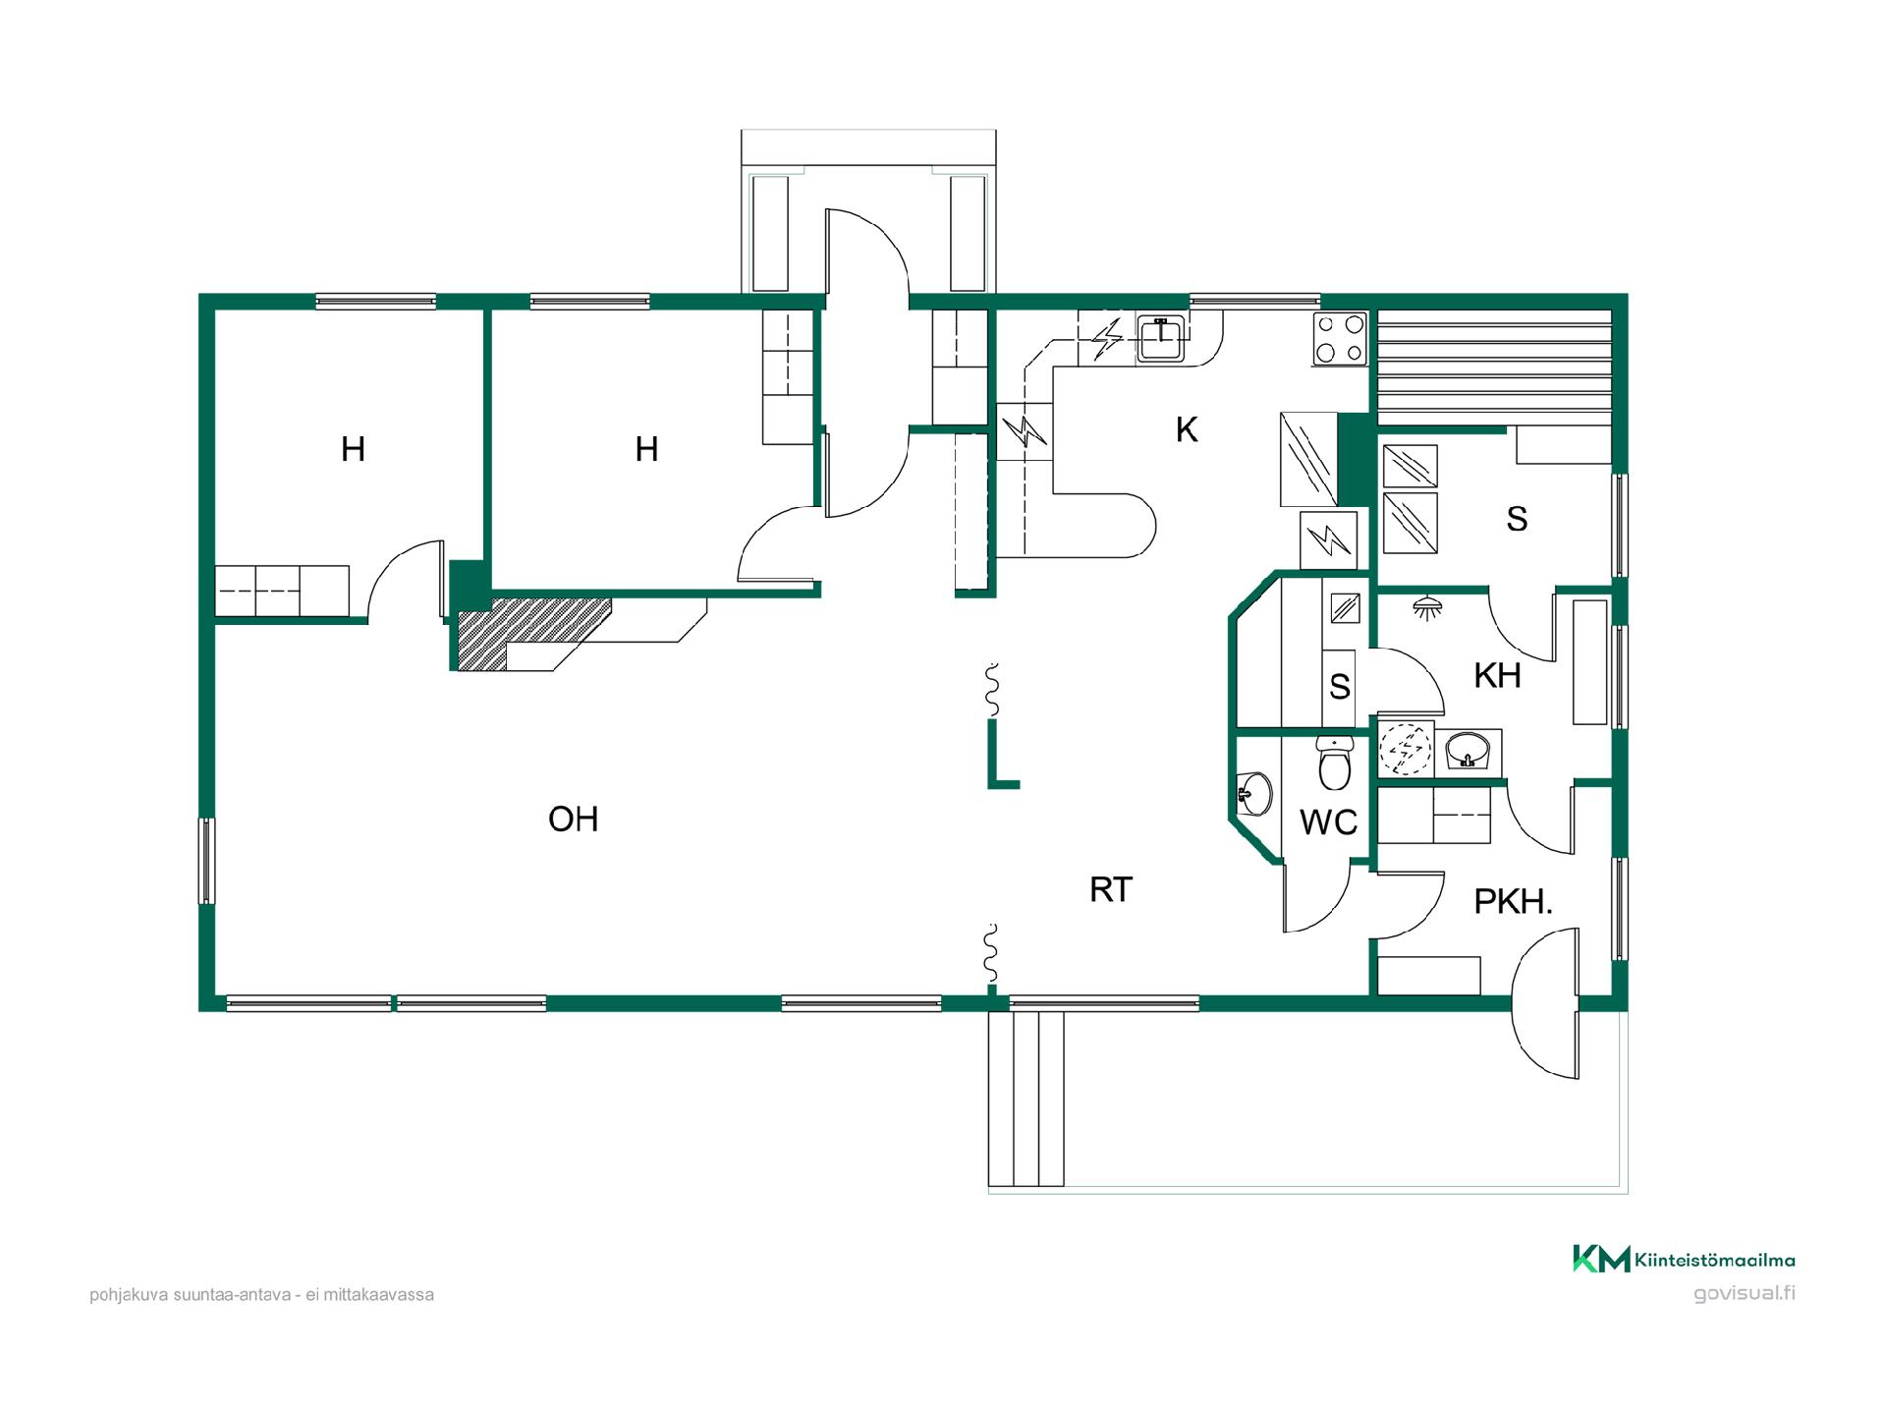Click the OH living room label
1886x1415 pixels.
(573, 819)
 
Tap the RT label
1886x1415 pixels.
(1111, 889)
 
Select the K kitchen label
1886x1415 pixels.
(1187, 429)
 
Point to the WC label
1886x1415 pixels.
(1328, 821)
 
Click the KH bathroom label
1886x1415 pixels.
(1497, 675)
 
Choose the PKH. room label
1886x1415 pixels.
(1513, 901)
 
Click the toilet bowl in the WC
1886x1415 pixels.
(1335, 763)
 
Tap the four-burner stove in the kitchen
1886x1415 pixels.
(1341, 339)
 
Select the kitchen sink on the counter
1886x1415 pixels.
(1162, 338)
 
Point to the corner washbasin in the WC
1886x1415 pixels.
(1253, 792)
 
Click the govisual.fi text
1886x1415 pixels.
(1745, 1293)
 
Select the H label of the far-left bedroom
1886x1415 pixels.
(353, 449)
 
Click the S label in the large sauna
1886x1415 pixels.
(1517, 519)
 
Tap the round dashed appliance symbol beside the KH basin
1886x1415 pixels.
(1406, 749)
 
